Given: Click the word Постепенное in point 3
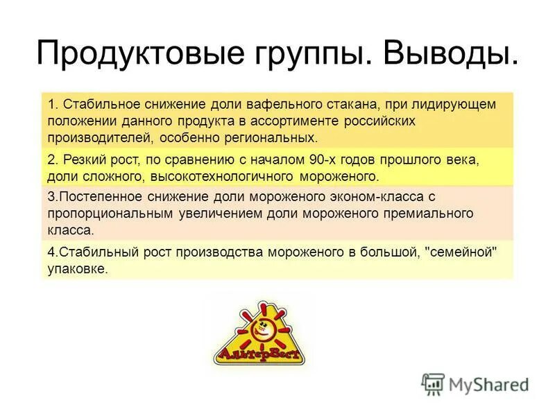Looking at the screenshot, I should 101,198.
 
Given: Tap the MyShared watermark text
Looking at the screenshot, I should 489,383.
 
